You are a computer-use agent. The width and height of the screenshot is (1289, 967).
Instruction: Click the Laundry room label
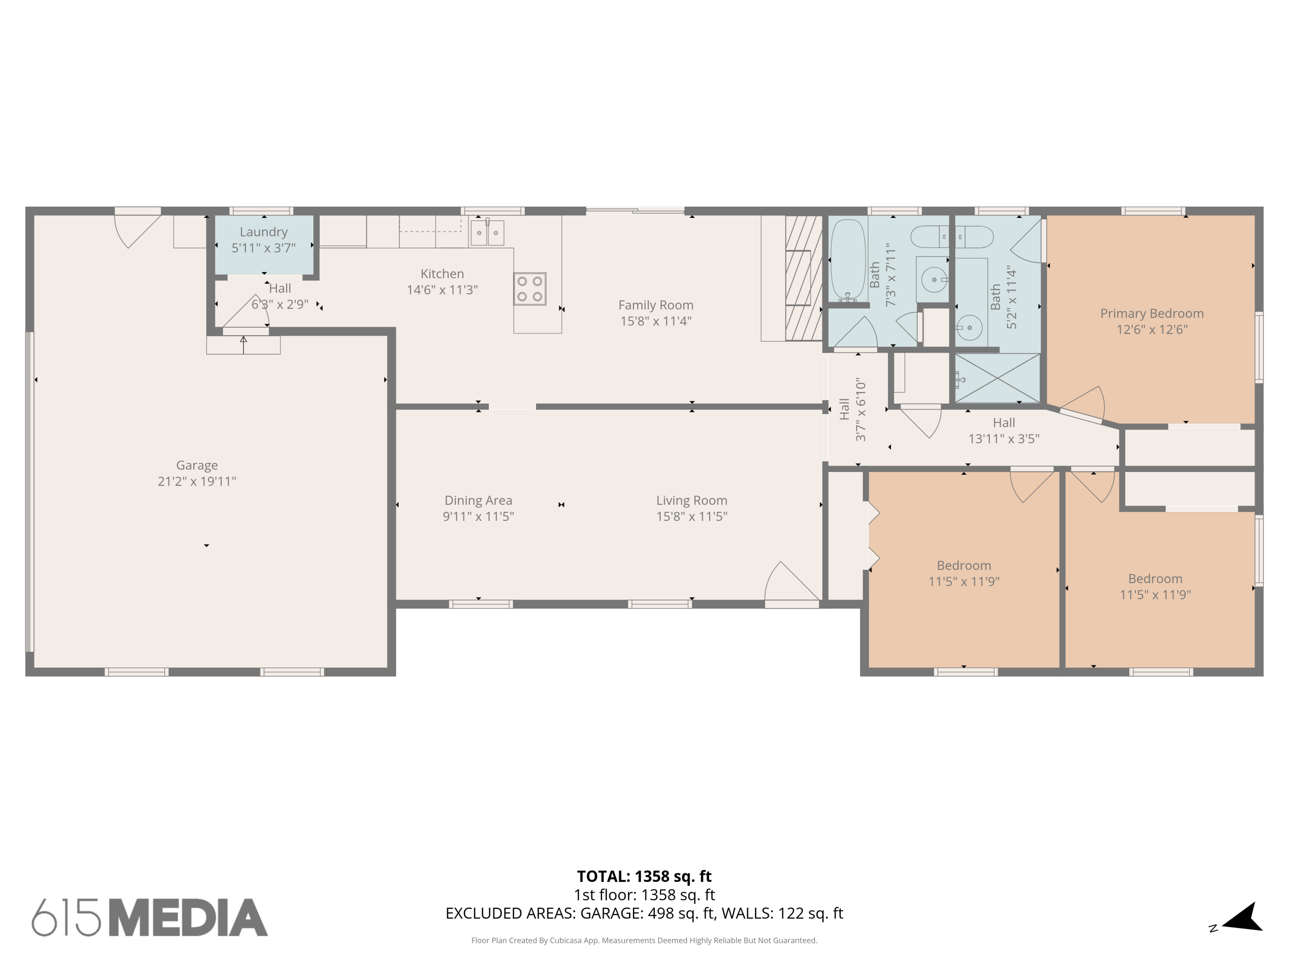(263, 232)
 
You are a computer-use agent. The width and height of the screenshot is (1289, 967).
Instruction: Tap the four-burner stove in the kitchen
(530, 288)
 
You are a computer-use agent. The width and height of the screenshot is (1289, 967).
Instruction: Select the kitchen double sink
(487, 233)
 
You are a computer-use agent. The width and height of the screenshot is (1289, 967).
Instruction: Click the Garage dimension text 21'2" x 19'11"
(197, 481)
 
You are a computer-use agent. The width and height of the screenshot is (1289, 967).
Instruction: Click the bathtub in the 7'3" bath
(848, 260)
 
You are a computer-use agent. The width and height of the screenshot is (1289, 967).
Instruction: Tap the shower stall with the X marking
(997, 378)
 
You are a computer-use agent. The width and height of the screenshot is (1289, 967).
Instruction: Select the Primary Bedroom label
(1152, 314)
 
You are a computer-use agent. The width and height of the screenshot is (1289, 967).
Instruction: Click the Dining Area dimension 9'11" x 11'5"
(478, 517)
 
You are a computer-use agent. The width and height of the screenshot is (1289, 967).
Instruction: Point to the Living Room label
(692, 500)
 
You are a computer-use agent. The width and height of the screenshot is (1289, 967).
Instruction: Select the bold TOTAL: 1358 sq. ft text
(644, 876)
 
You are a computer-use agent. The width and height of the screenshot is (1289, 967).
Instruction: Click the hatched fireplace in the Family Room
(803, 278)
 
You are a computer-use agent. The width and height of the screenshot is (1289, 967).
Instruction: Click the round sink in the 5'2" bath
(969, 327)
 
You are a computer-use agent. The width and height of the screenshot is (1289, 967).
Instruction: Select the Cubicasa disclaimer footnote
(644, 940)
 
